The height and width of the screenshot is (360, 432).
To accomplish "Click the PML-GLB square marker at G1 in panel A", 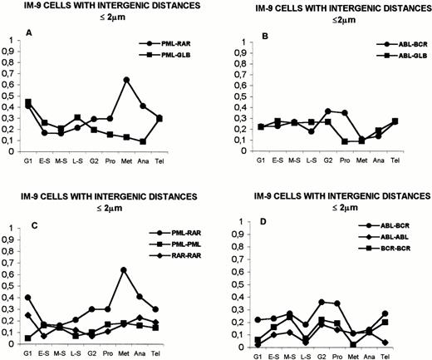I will click(x=29, y=101).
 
